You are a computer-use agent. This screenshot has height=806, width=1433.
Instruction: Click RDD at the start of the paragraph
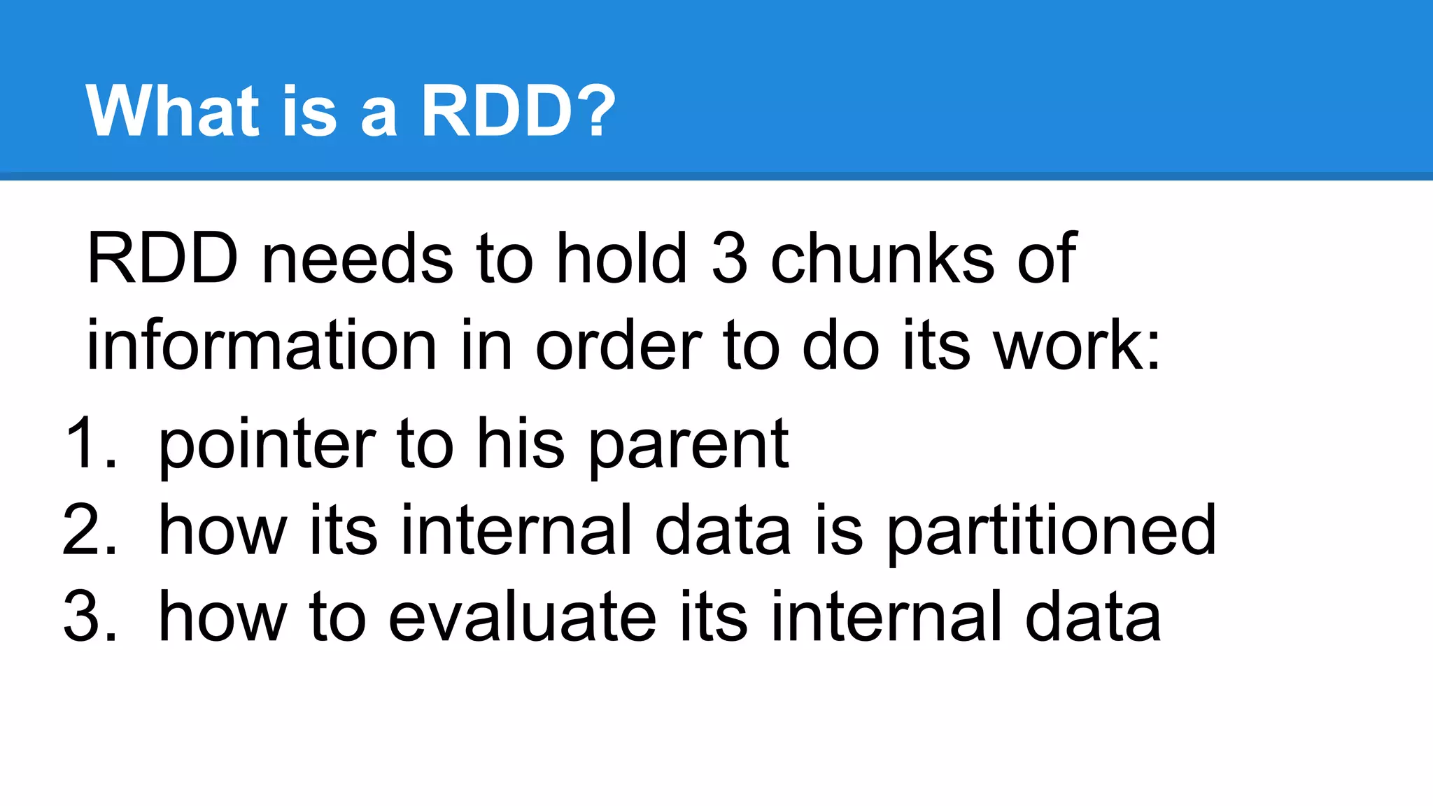(162, 259)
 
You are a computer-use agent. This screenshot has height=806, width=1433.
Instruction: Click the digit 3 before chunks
(729, 259)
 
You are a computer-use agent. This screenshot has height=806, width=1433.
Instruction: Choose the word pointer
(267, 446)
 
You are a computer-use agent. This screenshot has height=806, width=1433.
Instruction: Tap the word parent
(689, 446)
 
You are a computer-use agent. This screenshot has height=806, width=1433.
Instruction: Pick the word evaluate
(522, 616)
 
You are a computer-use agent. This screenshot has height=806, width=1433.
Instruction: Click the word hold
(621, 259)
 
